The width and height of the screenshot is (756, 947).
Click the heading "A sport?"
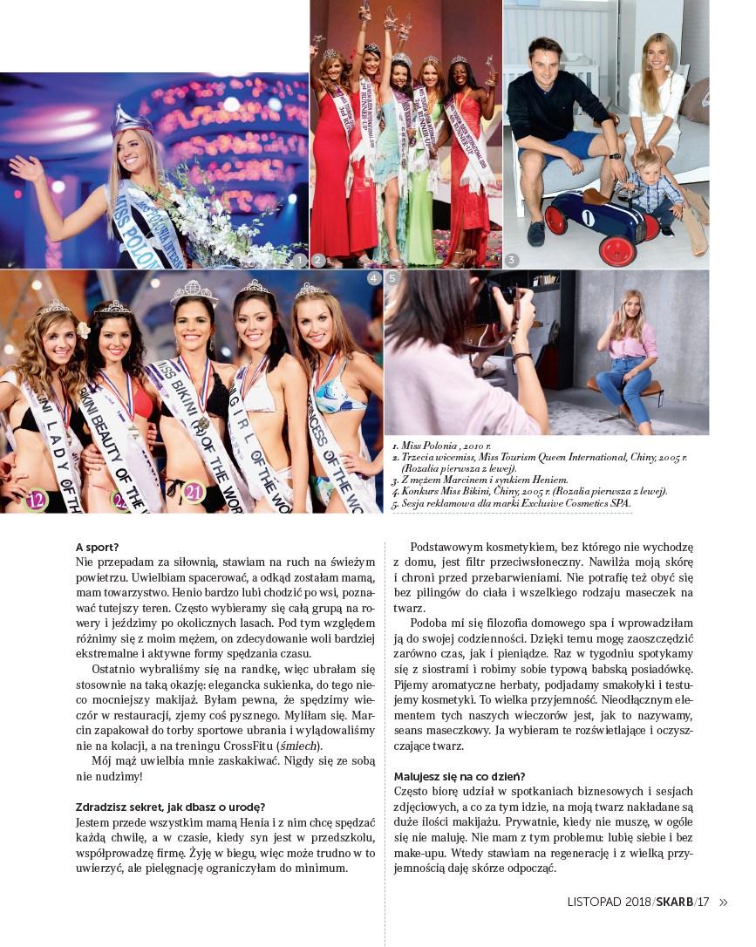pos(98,548)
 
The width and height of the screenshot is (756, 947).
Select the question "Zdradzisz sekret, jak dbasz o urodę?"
pos(171,807)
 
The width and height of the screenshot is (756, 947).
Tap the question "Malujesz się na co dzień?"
pos(460,776)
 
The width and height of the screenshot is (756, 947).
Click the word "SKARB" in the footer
pos(674,903)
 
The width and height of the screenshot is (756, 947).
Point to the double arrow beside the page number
pos(723,903)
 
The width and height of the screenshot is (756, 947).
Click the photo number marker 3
pos(512,260)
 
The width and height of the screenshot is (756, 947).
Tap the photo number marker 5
pos(392,278)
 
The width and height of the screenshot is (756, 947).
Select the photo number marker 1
pos(299,260)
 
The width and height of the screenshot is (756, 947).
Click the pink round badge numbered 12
pos(36,500)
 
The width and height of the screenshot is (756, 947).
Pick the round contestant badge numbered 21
pos(194,492)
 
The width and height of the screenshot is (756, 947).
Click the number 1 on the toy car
pos(589,217)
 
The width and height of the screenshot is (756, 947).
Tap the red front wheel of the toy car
pos(617,249)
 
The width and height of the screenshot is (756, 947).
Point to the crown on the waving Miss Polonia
pos(133,120)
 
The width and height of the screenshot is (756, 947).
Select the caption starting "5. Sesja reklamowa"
pos(512,503)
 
